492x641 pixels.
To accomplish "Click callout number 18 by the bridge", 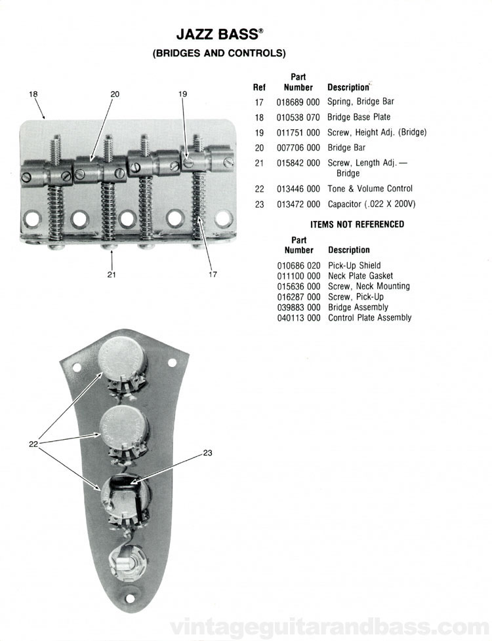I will coord(33,94).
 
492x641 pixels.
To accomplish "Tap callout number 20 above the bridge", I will coord(115,94).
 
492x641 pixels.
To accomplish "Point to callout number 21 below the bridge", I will coord(112,275).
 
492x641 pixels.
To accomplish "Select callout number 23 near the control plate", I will coord(208,452).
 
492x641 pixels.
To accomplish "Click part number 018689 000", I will coord(298,102).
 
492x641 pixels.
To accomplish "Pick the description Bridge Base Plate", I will coord(359,117).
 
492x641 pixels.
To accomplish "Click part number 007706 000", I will coord(298,147).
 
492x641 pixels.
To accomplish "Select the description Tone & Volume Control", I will coord(371,189).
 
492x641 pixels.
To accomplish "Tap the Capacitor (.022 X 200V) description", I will coord(371,204).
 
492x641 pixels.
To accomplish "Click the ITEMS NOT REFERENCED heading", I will coord(357,224).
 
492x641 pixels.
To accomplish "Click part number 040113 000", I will coord(298,317).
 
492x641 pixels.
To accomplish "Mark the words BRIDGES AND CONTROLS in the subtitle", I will coord(219,54).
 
